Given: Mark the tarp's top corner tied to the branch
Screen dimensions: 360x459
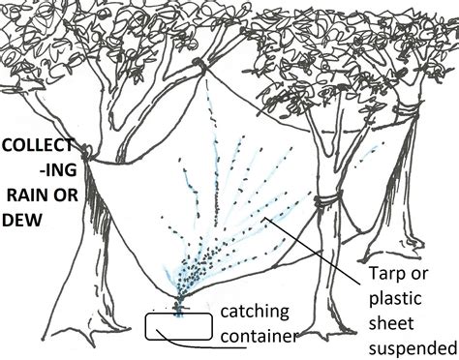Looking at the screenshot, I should tap(199, 65).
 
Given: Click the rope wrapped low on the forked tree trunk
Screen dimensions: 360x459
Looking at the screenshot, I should tap(330, 202).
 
